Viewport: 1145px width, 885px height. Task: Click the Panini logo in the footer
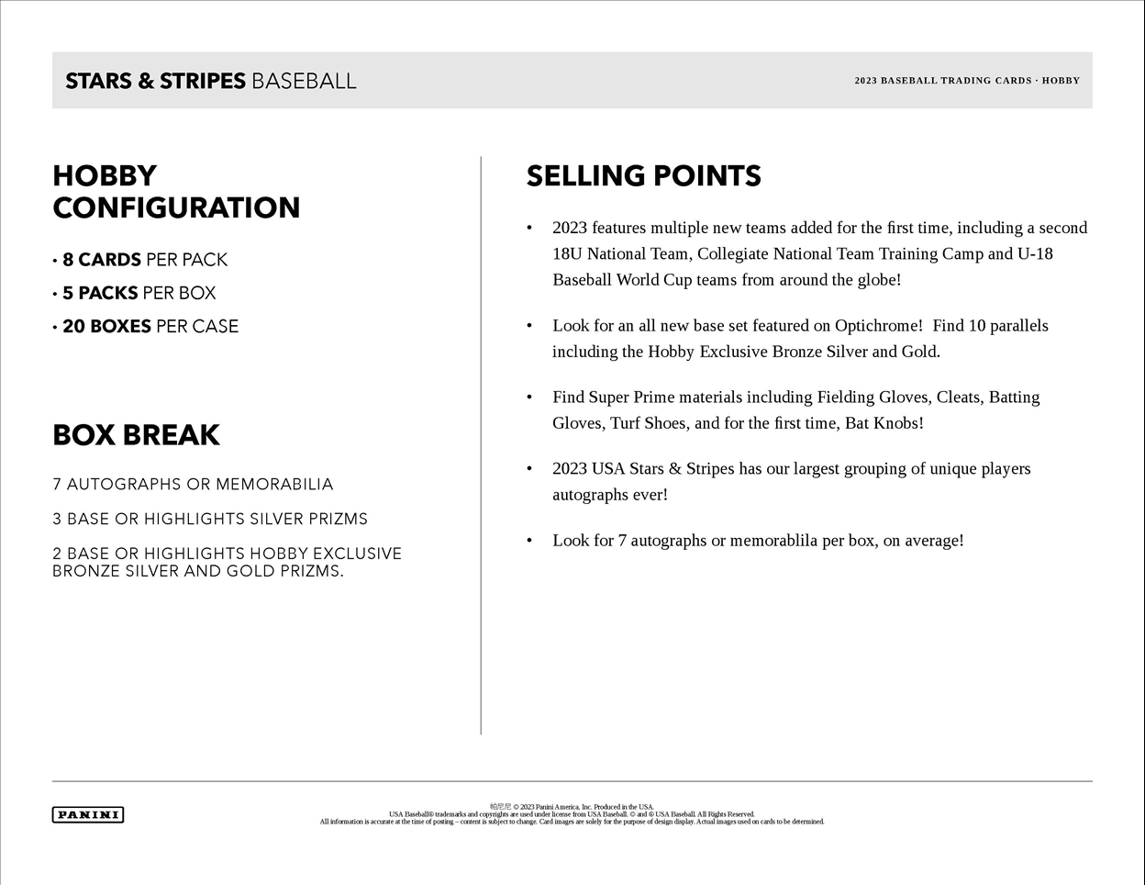pyautogui.click(x=88, y=814)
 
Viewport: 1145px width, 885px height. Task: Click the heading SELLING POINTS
pyautogui.click(x=643, y=176)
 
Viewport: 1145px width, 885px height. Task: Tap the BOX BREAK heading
pyautogui.click(x=136, y=435)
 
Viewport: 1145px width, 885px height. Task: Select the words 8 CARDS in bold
pyautogui.click(x=102, y=260)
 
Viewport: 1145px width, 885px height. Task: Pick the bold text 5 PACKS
pyautogui.click(x=100, y=293)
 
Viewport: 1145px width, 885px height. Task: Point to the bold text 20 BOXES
pyautogui.click(x=106, y=326)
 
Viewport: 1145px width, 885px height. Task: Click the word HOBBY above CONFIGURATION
pyautogui.click(x=105, y=176)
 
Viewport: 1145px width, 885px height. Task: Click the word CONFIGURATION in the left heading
pyautogui.click(x=176, y=208)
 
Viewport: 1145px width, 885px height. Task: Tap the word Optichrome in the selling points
pyautogui.click(x=878, y=326)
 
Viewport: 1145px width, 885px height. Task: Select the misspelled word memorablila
pyautogui.click(x=773, y=541)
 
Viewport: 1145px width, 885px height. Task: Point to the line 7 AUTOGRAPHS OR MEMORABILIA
pyautogui.click(x=193, y=484)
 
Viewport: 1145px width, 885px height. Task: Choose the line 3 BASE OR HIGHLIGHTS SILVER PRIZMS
pyautogui.click(x=210, y=519)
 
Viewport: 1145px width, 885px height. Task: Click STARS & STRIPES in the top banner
pyautogui.click(x=155, y=81)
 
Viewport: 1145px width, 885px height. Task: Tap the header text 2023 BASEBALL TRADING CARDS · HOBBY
pyautogui.click(x=967, y=81)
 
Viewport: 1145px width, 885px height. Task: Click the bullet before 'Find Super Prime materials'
pyautogui.click(x=529, y=398)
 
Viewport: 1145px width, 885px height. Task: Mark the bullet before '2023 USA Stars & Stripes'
pyautogui.click(x=529, y=469)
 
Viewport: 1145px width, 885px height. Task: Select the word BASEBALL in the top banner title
pyautogui.click(x=304, y=81)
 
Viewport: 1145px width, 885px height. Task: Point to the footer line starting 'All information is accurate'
pyautogui.click(x=572, y=822)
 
